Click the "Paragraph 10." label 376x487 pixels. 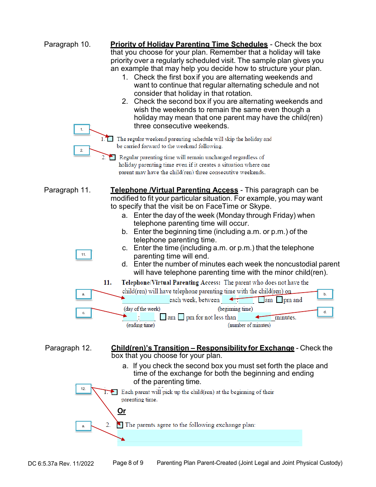67,44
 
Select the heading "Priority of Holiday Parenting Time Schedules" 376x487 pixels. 189,44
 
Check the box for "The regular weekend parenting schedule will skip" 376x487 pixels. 110,139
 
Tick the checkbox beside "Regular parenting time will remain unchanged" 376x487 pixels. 113,157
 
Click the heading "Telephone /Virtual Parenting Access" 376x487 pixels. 174,190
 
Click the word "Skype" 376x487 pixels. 259,207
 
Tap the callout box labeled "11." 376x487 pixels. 84,255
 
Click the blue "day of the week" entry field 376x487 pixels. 146,300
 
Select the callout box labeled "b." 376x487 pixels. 325,294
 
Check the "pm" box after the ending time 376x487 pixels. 181,317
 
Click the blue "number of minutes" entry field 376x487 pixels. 254,317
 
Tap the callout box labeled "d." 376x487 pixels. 325,312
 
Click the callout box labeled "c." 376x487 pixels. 84,313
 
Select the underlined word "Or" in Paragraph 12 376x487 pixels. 122,411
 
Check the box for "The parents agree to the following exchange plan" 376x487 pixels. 120,425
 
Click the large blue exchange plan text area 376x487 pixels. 209,438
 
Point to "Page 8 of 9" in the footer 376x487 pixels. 128,463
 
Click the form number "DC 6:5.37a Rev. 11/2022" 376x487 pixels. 61,463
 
